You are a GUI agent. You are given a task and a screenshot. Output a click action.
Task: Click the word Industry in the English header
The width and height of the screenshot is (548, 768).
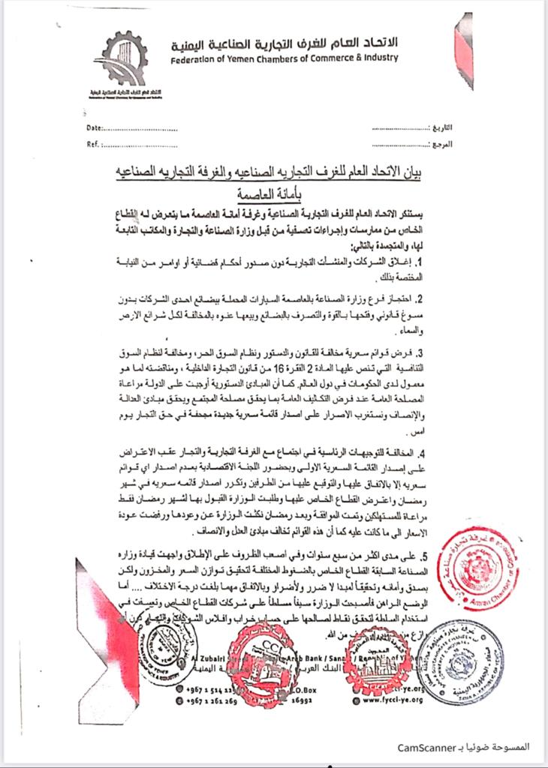point(378,58)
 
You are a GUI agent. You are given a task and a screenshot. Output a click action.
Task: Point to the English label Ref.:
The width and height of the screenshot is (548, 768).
point(94,144)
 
